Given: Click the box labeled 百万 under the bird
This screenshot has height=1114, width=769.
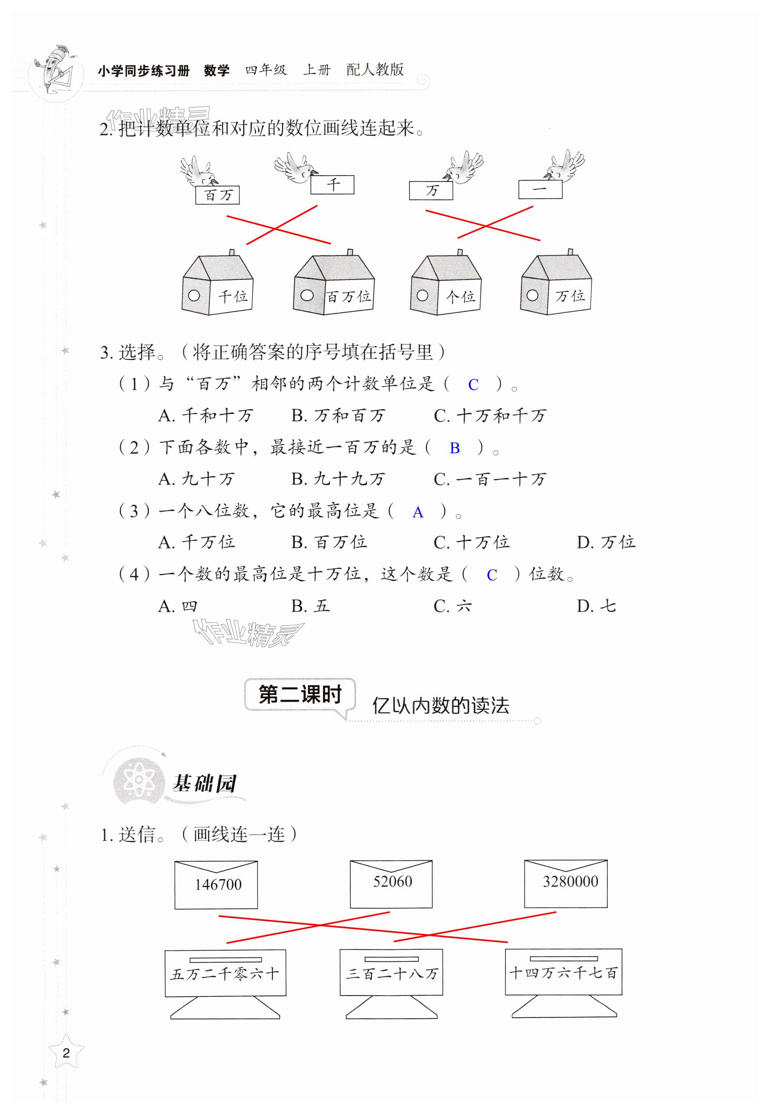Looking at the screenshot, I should [217, 195].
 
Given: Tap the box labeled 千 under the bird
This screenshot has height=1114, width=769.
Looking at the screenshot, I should [332, 184].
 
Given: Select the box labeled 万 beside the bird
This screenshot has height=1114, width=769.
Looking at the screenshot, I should [431, 190].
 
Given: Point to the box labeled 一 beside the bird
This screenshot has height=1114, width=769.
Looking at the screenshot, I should [540, 189].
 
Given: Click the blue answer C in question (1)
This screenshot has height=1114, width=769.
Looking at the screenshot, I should [473, 384].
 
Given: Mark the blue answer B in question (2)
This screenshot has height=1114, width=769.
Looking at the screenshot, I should [454, 448].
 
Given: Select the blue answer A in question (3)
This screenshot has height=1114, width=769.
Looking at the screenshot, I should [418, 512].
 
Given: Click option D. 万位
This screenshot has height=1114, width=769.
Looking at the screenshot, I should [606, 542].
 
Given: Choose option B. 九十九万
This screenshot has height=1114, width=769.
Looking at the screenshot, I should [338, 479].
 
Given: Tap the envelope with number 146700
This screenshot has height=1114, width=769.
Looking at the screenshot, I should [216, 885].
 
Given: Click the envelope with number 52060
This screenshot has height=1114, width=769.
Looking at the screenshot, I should [391, 884].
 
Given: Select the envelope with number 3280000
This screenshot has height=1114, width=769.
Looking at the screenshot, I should [565, 883].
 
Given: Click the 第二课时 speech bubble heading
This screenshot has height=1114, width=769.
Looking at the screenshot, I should [300, 695].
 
